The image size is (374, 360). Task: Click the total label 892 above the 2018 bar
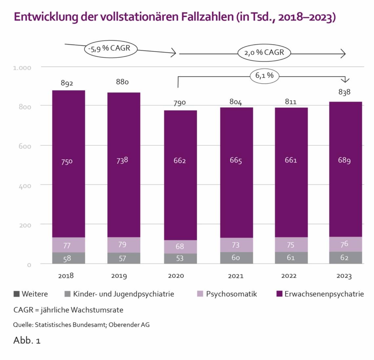[x=67, y=83]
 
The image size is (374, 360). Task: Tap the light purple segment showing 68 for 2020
[x=180, y=246]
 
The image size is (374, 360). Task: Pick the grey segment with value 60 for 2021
[x=236, y=258]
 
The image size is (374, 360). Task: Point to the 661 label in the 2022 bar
[x=291, y=160]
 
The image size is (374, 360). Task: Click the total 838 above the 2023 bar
[x=344, y=92]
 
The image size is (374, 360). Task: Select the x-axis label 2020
[x=176, y=276]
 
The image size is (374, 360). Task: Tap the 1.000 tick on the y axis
[x=22, y=68]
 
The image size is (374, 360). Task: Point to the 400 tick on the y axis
[x=25, y=186]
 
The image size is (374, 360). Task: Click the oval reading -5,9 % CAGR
[x=110, y=49]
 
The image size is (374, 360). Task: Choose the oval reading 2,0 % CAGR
[x=264, y=53]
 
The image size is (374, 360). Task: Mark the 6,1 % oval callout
[x=264, y=76]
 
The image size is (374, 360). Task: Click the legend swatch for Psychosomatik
[x=200, y=294]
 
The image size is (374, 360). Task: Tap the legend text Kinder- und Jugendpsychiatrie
[x=123, y=294]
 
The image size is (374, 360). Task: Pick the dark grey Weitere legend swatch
[x=16, y=294]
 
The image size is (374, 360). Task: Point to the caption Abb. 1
[x=27, y=340]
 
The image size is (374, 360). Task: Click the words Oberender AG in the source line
[x=129, y=325]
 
